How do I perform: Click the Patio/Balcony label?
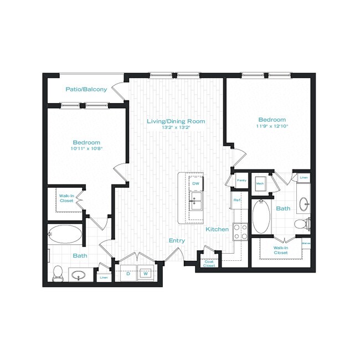pyautogui.click(x=86, y=89)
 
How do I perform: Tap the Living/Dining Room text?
pyautogui.click(x=176, y=121)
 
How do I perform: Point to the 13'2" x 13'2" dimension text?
pyautogui.click(x=176, y=127)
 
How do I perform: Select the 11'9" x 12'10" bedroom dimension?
pyautogui.click(x=272, y=126)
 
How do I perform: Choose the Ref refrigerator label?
pyautogui.click(x=236, y=200)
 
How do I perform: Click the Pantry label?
pyautogui.click(x=241, y=181)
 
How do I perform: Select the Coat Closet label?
pyautogui.click(x=209, y=264)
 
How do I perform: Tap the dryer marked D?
pyautogui.click(x=128, y=273)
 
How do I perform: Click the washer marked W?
pyautogui.click(x=146, y=273)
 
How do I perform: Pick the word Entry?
pyautogui.click(x=177, y=241)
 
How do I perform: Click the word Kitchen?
pyautogui.click(x=217, y=229)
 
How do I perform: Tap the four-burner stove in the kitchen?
pyautogui.click(x=240, y=231)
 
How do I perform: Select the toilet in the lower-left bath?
pyautogui.click(x=57, y=272)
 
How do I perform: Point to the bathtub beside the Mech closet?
pyautogui.click(x=260, y=217)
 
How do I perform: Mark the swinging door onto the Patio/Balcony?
pyautogui.click(x=118, y=90)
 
